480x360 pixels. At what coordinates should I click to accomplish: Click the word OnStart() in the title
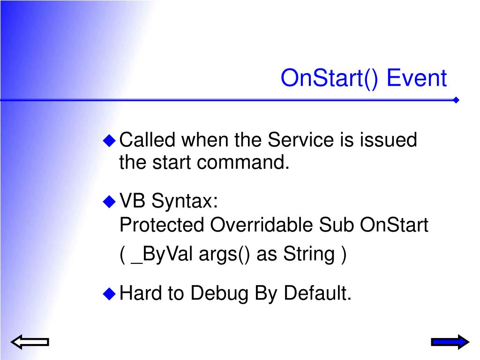tap(330, 78)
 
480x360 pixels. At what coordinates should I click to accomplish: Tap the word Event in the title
tap(417, 78)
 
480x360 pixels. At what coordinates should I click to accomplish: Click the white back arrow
tap(30, 342)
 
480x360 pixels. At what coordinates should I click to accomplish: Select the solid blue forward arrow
tap(450, 342)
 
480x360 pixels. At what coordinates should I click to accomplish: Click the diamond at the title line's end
tap(456, 100)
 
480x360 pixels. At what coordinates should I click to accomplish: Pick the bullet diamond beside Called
tap(109, 141)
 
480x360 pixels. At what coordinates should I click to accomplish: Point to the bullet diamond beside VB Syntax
tap(109, 202)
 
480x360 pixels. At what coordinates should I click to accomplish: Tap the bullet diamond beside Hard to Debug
tap(109, 293)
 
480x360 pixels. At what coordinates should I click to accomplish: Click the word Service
tap(300, 140)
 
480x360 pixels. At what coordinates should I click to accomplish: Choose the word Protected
tap(162, 225)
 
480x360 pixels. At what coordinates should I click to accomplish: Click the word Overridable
tap(262, 225)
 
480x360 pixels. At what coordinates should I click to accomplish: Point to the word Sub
tap(336, 225)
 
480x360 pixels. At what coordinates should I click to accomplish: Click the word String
tap(309, 255)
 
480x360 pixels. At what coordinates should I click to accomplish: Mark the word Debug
tap(219, 294)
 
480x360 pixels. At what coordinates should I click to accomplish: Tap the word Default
tap(317, 293)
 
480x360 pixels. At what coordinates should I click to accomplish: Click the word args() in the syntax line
tap(225, 255)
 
